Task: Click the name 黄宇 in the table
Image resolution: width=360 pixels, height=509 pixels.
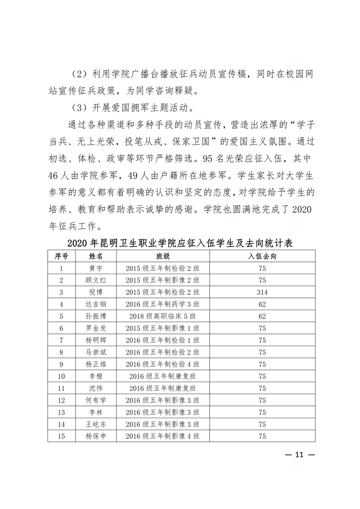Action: click(x=96, y=268)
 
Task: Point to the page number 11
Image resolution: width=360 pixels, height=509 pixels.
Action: click(x=300, y=454)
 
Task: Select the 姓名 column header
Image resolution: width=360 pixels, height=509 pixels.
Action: click(x=96, y=256)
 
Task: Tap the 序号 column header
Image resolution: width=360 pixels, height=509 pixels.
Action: click(x=62, y=256)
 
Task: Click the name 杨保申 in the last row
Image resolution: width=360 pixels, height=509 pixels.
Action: click(x=96, y=436)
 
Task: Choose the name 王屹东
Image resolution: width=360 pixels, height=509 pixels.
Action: click(x=96, y=424)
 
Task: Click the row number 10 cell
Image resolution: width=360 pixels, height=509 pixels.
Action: click(x=62, y=376)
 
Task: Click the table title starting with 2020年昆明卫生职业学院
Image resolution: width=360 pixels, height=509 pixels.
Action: click(x=180, y=243)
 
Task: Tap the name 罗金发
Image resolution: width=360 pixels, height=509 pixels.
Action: click(x=96, y=328)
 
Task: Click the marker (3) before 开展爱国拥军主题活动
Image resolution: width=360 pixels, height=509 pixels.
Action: click(x=81, y=108)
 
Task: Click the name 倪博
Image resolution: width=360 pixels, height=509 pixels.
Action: click(x=96, y=292)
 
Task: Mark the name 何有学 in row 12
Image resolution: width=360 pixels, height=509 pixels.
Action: click(x=96, y=400)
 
